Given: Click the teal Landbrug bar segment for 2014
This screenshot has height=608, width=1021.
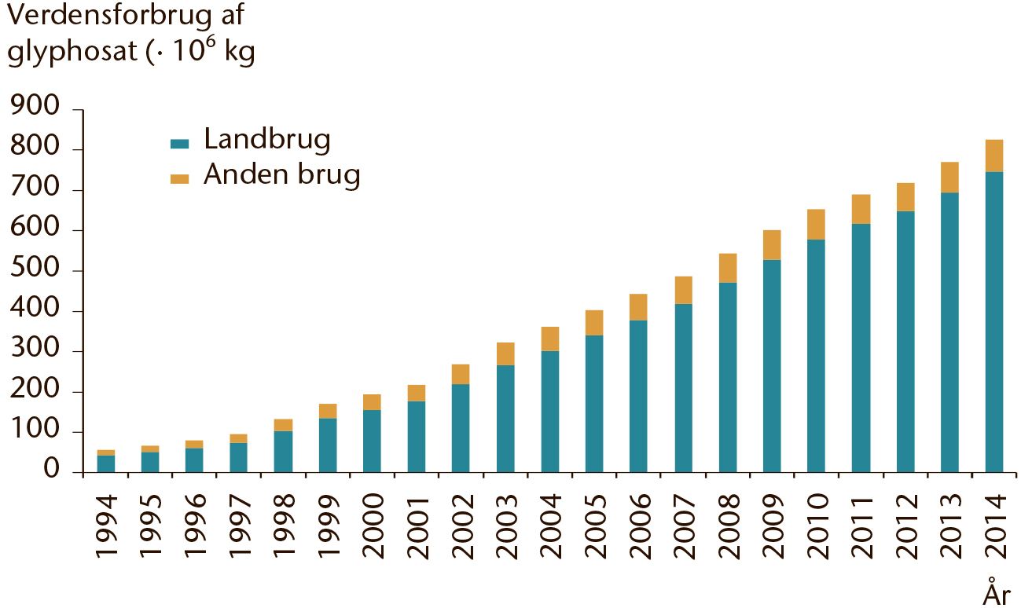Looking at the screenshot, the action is pos(994,322).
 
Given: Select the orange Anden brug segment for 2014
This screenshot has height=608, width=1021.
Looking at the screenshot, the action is pos(994,156).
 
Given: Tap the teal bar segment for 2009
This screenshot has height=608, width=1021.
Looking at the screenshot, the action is pos(772,366).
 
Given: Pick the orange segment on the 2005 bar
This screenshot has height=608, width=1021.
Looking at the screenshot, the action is pos(594,323).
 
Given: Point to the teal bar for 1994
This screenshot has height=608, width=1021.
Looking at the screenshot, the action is pos(106,463).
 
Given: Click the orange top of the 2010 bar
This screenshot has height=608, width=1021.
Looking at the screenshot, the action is pos(817,225).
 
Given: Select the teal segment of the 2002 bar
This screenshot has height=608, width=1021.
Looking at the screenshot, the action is pos(461,428).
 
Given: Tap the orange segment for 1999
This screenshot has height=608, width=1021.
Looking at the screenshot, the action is pos(328,412).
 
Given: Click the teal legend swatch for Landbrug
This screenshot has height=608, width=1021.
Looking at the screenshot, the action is pos(179,144).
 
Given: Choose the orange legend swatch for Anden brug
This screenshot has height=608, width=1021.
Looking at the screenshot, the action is pos(179,179).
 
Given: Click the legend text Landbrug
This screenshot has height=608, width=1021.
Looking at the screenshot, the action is pos(267,140).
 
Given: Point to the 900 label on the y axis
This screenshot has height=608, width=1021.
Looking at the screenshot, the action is pos(35,106).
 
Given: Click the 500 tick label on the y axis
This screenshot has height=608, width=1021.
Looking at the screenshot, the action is pos(35,267).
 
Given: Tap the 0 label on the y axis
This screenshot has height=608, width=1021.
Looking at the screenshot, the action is pos(52,469).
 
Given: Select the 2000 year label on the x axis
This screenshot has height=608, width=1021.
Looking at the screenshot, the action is pos(373,526).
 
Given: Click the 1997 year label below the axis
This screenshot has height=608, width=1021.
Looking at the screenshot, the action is pos(240,526).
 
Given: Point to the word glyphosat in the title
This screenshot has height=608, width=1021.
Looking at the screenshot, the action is pos(72,52).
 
